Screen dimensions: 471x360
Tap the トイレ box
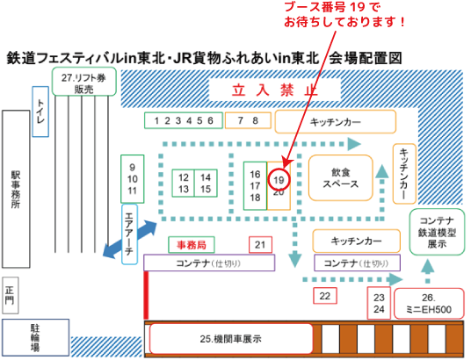coord(40,112)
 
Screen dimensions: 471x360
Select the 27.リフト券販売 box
coord(84,82)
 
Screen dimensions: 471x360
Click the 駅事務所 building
coord(16,189)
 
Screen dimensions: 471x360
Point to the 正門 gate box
coord(11,295)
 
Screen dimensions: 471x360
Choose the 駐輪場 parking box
coord(36,337)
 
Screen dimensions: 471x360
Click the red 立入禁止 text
coord(275,90)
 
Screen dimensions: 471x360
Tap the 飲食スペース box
coord(341,178)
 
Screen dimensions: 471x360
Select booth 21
coord(260,245)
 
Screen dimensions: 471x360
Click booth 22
coord(325,296)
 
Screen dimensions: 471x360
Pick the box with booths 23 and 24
coord(379,303)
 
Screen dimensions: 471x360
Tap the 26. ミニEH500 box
coord(429,303)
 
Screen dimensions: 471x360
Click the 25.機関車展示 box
coord(231,339)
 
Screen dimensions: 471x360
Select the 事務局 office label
coord(192,245)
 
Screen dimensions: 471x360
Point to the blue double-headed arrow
coord(130,240)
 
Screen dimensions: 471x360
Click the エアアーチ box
coord(130,234)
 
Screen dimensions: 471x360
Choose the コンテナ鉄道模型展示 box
coord(437,232)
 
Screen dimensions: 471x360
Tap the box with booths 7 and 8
coord(248,120)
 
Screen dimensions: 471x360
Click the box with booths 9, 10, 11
coord(133,179)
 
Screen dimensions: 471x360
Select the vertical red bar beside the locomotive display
coord(146,295)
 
